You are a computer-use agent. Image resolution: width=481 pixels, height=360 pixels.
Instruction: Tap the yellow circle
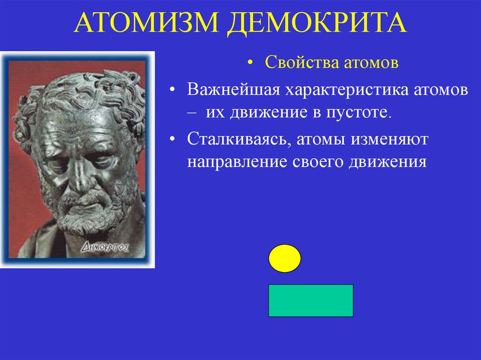[285, 258]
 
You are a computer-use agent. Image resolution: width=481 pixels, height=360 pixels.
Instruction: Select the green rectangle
[310, 300]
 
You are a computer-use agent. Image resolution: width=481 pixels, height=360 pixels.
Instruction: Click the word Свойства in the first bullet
[297, 63]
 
